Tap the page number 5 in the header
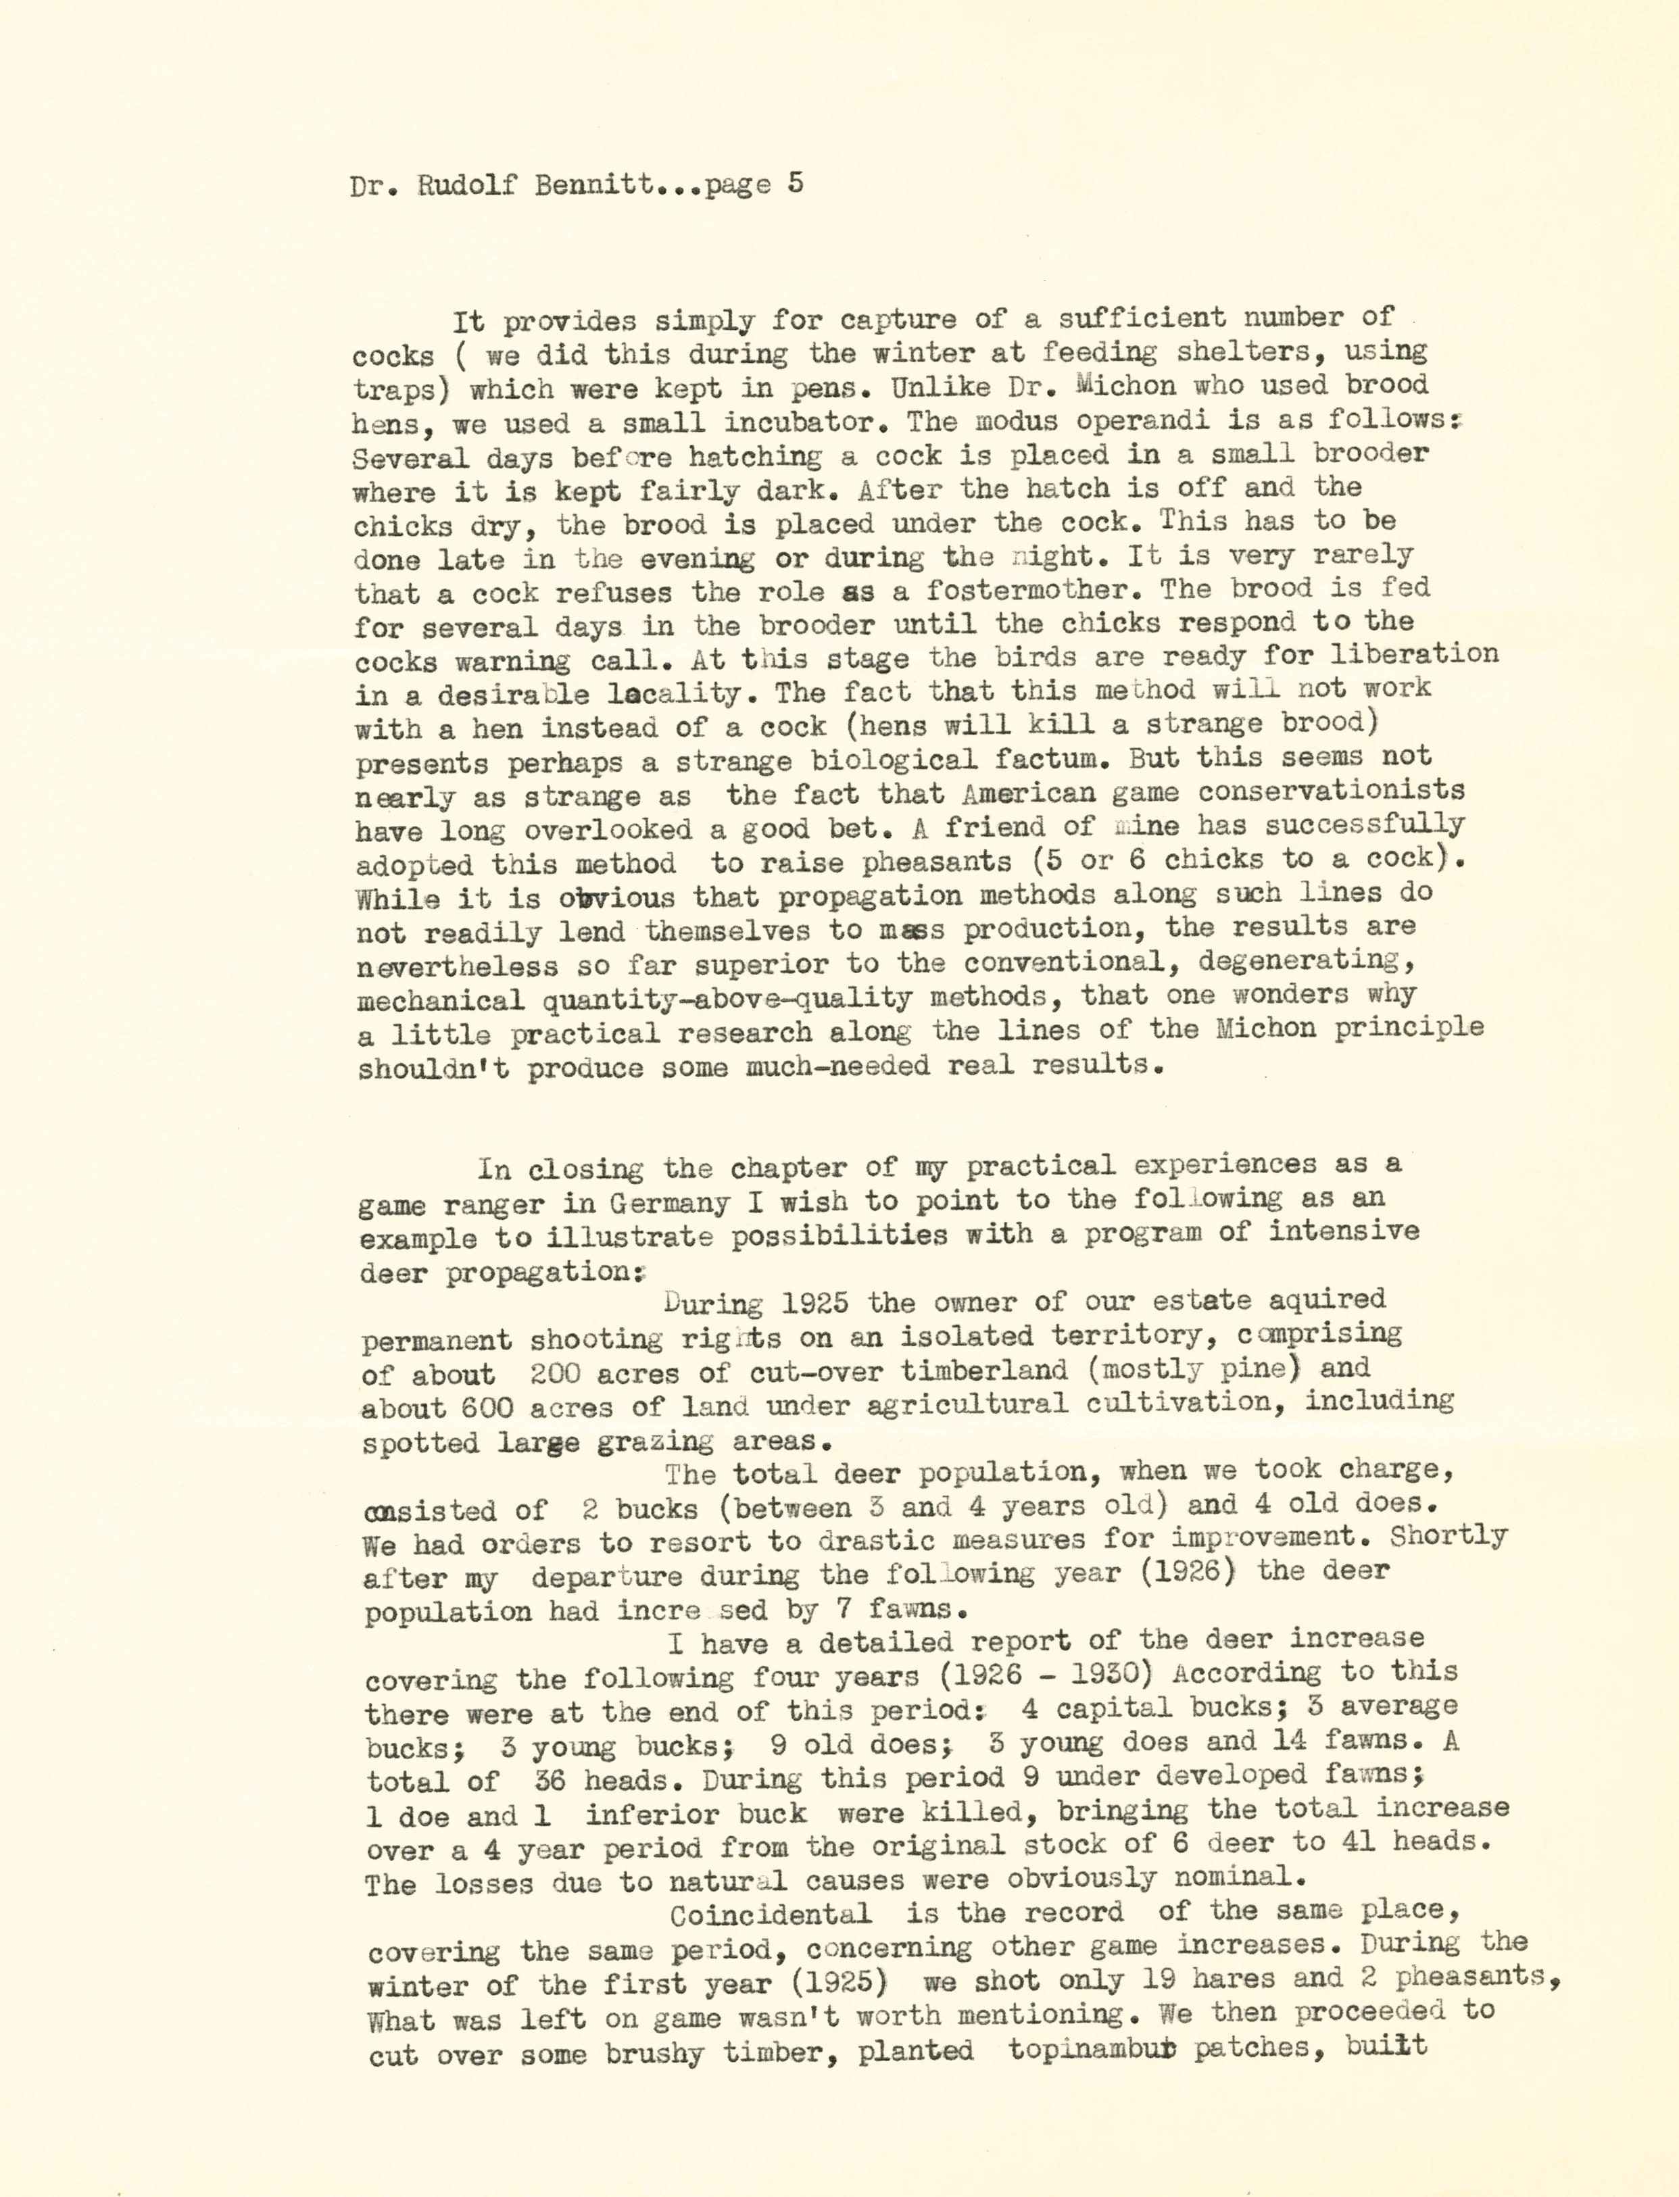coord(794,184)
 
